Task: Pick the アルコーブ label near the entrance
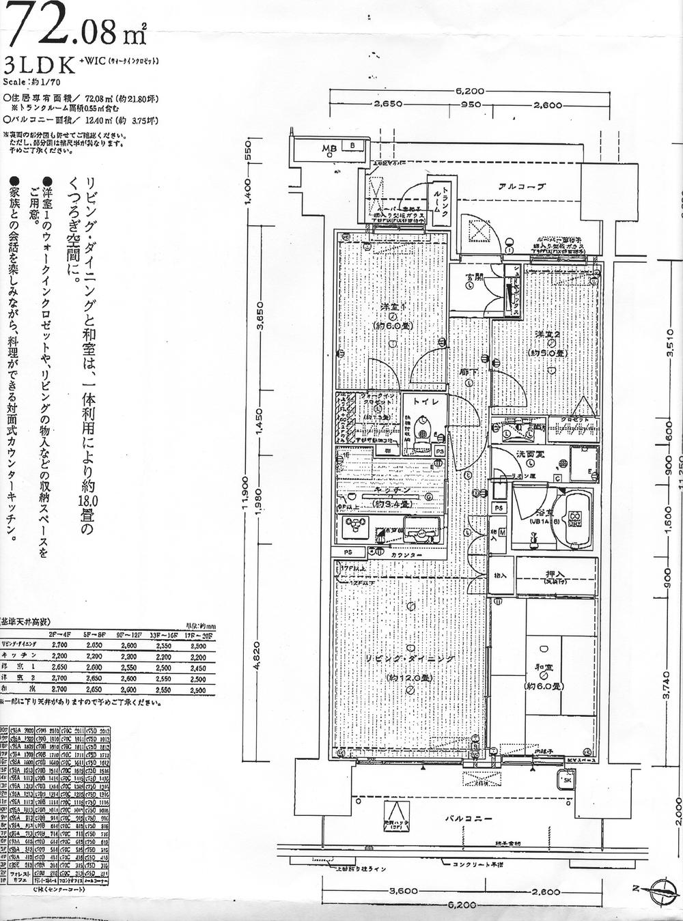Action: [522, 186]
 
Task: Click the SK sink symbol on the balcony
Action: [567, 780]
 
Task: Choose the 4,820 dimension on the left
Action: [255, 658]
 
